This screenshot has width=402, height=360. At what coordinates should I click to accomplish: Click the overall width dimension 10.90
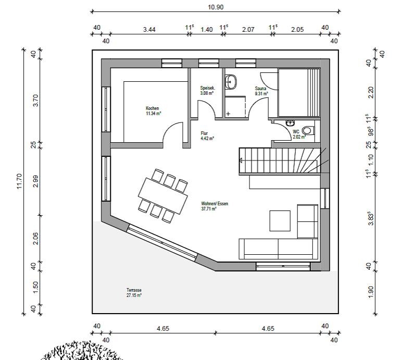coord(216,7)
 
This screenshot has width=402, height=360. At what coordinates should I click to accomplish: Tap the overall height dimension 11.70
coord(20,181)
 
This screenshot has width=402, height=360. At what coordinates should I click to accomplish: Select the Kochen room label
coord(152,108)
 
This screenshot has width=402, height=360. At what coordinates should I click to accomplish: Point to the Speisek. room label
coord(207,88)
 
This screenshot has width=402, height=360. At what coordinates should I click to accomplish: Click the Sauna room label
coord(260,89)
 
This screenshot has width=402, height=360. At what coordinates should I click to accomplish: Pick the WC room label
coord(296,132)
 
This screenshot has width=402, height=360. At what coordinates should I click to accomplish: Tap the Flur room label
coord(204,133)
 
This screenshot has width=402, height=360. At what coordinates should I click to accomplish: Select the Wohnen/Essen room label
coord(215,204)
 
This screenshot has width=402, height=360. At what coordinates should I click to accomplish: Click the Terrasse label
coord(134,290)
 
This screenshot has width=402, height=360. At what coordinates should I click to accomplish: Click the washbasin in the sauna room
coord(231,82)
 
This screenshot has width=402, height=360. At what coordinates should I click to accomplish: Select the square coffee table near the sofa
coord(280,221)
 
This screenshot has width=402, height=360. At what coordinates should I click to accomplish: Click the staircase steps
coord(280,161)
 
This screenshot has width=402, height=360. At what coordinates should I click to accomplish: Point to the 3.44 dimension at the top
coord(149,30)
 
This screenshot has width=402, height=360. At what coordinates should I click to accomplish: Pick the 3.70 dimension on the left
coord(35,101)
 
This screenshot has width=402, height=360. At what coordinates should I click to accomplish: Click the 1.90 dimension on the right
coord(371,292)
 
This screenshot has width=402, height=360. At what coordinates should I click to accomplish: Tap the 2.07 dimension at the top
coord(248,30)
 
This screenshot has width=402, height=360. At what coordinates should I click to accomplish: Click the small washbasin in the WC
coord(290,123)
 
